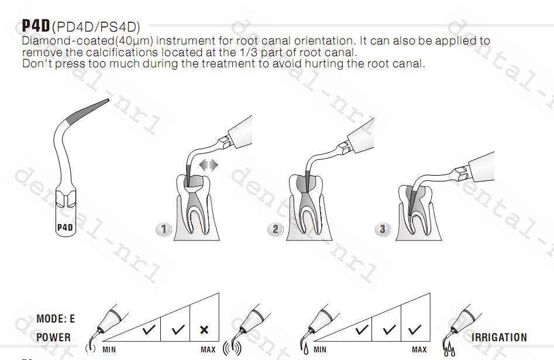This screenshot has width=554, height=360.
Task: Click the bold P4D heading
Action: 36,26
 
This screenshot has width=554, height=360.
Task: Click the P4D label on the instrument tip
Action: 65,227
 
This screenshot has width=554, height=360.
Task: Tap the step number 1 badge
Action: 163,229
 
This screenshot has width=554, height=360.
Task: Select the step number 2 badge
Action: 275,229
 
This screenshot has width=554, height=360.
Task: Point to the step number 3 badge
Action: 383,229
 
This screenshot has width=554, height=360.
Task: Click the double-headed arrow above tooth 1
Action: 208,165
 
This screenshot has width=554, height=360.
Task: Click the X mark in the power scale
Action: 204,330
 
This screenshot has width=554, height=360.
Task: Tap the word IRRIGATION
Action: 499,337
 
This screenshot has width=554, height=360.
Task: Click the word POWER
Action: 53,337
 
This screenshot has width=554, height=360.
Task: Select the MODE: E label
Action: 56,318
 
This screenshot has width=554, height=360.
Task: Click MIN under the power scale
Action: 109,349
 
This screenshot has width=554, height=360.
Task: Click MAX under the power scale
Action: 208,349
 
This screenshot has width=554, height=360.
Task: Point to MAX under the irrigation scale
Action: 419,349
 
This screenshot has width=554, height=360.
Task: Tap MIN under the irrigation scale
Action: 320,349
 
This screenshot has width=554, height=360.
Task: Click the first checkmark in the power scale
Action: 149,330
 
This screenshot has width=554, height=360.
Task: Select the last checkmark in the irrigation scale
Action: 414,330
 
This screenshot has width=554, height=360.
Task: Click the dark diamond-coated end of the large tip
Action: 87,111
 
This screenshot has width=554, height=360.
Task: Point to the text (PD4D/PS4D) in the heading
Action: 96,28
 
